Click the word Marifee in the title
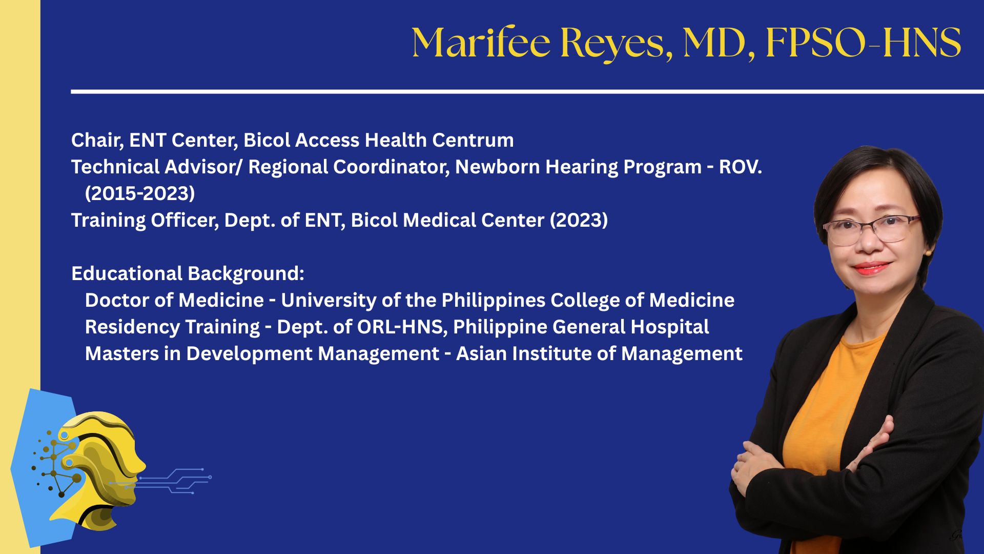(481, 43)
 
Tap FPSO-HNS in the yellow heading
(864, 43)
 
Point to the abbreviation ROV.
(741, 167)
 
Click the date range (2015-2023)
(140, 193)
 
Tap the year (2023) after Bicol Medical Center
(579, 220)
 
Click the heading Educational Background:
(188, 273)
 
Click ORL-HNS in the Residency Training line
(402, 327)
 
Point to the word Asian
(481, 353)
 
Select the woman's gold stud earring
(928, 252)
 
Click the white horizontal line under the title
(527, 92)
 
